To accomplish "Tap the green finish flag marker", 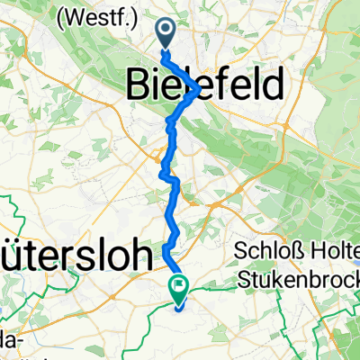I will pyautogui.click(x=178, y=288).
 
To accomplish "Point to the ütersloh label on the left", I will pyautogui.click(x=76, y=254).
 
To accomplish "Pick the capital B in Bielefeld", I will pyautogui.click(x=134, y=86).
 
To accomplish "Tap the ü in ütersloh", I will pyautogui.click(x=12, y=254).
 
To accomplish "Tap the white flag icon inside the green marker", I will pyautogui.click(x=178, y=287).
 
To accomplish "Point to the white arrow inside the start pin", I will pyautogui.click(x=167, y=31).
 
